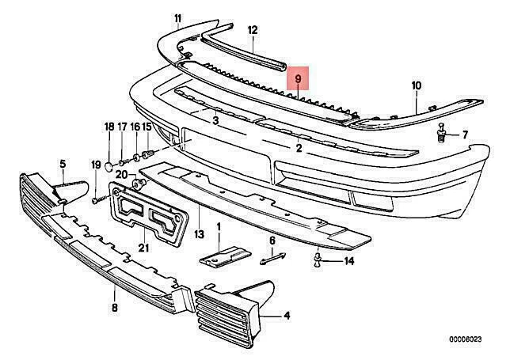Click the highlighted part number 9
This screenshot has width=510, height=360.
click(x=298, y=80)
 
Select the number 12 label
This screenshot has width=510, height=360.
click(x=253, y=31)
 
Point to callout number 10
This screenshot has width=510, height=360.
click(x=417, y=85)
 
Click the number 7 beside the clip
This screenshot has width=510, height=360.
click(x=465, y=134)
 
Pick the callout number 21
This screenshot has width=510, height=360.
click(x=143, y=246)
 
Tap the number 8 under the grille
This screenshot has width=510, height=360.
click(x=116, y=308)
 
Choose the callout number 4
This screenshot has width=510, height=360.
click(x=287, y=316)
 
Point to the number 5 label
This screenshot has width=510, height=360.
click(x=63, y=164)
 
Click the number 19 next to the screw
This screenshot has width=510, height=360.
click(x=95, y=165)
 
